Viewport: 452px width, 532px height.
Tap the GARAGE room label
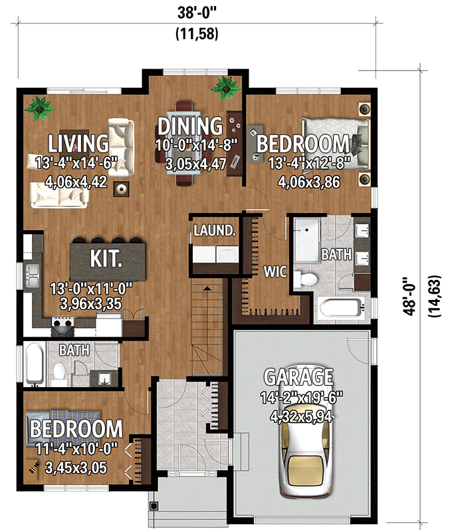click(298, 377)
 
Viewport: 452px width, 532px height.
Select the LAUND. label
click(214, 231)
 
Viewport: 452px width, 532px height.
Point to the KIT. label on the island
click(106, 258)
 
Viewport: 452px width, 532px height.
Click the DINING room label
click(189, 125)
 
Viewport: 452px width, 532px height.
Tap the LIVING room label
click(78, 143)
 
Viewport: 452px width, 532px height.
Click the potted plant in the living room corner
click(40, 106)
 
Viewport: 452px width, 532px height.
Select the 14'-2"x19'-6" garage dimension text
click(298, 399)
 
